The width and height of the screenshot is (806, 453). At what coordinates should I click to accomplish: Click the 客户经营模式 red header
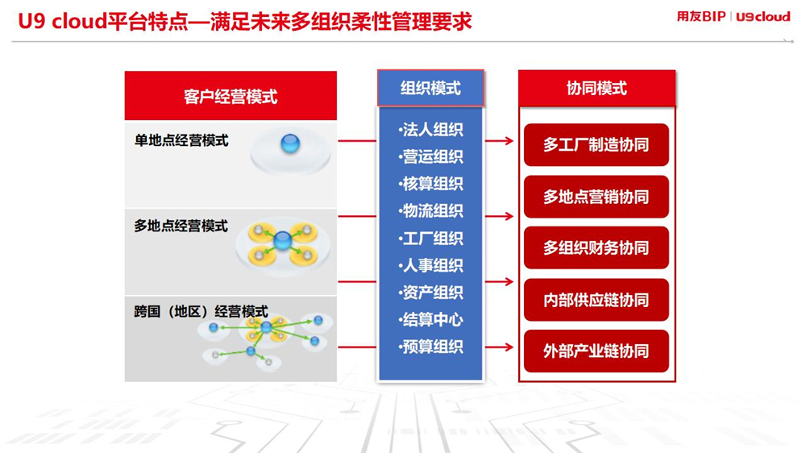coord(231,96)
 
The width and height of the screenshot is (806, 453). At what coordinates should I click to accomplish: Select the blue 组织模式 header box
coord(430,88)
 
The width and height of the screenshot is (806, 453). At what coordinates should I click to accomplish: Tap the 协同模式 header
coord(596,88)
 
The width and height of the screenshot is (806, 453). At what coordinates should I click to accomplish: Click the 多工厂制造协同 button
coord(596,144)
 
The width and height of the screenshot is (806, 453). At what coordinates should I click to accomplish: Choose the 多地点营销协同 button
coord(596,197)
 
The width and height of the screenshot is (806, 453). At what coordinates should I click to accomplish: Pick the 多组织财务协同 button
coord(596,247)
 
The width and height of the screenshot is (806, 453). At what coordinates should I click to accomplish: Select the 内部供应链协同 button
coord(596,300)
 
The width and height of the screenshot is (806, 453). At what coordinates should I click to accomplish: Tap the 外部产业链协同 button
coord(596,351)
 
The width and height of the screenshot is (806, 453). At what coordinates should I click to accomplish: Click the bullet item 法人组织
coord(430,130)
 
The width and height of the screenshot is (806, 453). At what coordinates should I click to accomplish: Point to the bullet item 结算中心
coord(430,320)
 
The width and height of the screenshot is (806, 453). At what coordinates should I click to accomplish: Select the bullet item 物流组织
coord(430,211)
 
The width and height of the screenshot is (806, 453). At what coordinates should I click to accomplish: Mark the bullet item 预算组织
coord(430,347)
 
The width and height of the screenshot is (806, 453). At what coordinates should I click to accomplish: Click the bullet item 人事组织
coord(430,265)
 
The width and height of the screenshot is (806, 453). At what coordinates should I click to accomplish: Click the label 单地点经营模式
coord(181,140)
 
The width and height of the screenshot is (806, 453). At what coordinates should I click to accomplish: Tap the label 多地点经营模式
coord(181,226)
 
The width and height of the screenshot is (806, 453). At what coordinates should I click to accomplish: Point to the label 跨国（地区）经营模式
coord(201,312)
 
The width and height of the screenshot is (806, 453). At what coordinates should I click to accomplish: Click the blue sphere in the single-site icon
coord(290,143)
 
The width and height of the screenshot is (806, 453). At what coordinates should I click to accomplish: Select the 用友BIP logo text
coord(701,16)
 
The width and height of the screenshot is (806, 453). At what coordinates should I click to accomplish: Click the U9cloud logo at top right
coord(762,17)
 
